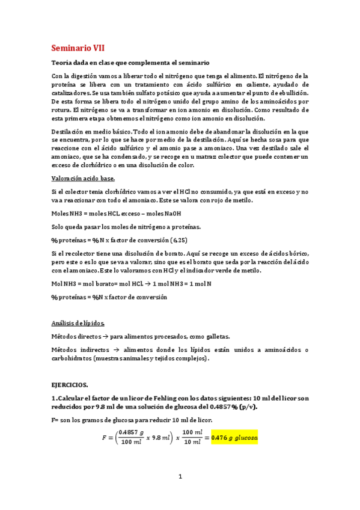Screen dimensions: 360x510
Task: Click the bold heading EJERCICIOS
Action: [69, 383]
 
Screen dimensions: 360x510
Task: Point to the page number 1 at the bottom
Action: [180, 477]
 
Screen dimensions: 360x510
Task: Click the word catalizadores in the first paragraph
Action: [72, 94]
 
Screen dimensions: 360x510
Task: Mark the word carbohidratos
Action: [72, 358]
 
